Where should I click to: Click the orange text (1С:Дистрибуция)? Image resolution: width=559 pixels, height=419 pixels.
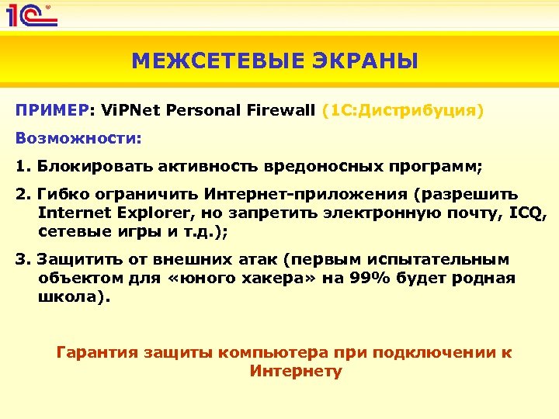tap(402, 111)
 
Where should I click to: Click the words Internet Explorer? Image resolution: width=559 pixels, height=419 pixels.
tap(109, 212)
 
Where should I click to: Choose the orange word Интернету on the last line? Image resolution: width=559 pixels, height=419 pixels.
tap(296, 372)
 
